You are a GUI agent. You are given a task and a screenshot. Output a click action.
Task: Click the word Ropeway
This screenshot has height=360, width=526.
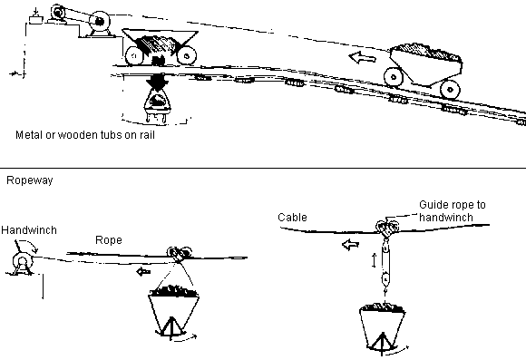click(30, 180)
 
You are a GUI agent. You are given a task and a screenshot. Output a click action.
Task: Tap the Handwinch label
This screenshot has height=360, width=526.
click(29, 230)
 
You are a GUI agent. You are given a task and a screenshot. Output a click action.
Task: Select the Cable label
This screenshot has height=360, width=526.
click(292, 218)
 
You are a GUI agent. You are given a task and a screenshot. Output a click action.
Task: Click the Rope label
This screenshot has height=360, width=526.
click(109, 240)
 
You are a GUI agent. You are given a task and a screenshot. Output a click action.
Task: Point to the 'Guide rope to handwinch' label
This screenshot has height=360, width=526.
click(453, 211)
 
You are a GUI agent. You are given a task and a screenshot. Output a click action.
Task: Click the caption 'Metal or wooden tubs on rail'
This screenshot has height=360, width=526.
click(85, 135)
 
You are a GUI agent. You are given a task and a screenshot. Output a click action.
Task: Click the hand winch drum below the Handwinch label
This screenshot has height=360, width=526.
click(23, 262)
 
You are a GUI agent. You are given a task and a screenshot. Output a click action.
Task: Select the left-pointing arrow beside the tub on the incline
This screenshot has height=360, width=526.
click(362, 57)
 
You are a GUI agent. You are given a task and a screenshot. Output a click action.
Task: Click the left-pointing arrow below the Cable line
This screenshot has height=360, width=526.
click(351, 244)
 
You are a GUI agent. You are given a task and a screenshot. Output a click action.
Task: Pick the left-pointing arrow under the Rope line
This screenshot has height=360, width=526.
click(144, 271)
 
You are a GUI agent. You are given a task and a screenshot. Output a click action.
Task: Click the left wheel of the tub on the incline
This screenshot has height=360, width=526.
click(394, 77)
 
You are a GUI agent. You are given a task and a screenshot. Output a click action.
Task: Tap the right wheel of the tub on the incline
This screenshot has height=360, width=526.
click(450, 90)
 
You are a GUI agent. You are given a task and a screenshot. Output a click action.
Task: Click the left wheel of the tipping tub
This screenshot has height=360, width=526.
click(135, 56)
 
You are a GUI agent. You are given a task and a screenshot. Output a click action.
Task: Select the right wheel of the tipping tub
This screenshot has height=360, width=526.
click(187, 55)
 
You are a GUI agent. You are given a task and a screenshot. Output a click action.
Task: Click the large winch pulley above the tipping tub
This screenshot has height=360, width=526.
click(100, 22)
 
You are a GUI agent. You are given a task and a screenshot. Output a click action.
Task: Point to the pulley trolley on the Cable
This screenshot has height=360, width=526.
click(387, 229)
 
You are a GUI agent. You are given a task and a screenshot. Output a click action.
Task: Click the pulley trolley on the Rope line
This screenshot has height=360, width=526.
click(179, 253)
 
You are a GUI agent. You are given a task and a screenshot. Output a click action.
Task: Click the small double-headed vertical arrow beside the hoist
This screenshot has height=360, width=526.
click(375, 260)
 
